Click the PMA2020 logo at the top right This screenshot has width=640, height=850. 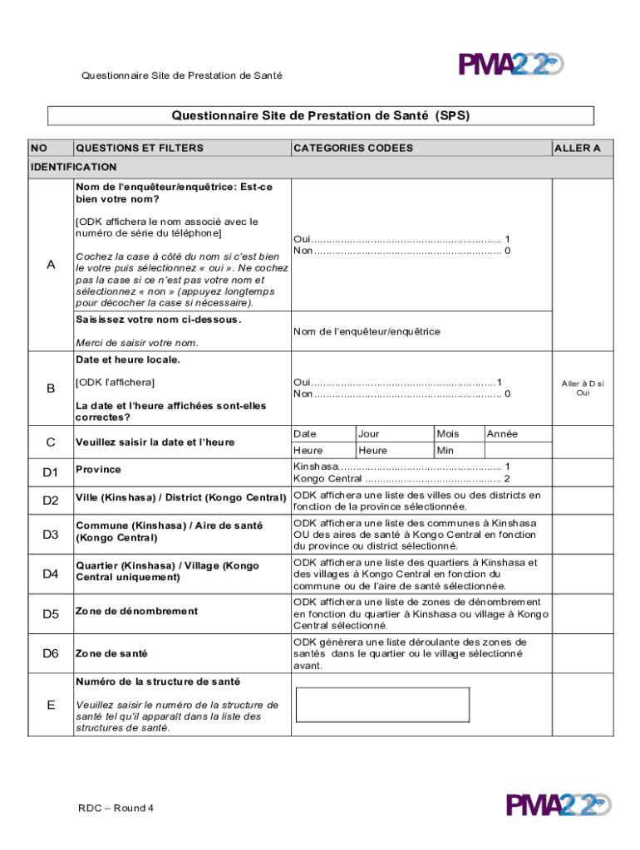point(510,65)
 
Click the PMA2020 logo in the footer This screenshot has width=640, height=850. point(559,805)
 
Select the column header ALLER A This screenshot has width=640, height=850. point(577,148)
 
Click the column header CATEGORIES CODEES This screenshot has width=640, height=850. point(353,148)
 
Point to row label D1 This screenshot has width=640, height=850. point(51,472)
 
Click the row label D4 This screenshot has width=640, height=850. point(51,574)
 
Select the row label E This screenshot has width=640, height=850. point(51,705)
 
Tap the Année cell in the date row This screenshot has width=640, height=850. point(502,434)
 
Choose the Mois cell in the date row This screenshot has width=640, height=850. point(447,434)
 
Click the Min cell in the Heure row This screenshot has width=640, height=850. point(446,450)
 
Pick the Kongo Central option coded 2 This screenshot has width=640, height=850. point(401,479)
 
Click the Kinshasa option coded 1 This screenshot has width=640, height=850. point(401,467)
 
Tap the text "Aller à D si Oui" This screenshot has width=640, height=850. point(583,388)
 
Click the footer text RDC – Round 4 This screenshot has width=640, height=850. point(116,808)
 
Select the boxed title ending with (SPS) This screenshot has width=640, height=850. point(321,115)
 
